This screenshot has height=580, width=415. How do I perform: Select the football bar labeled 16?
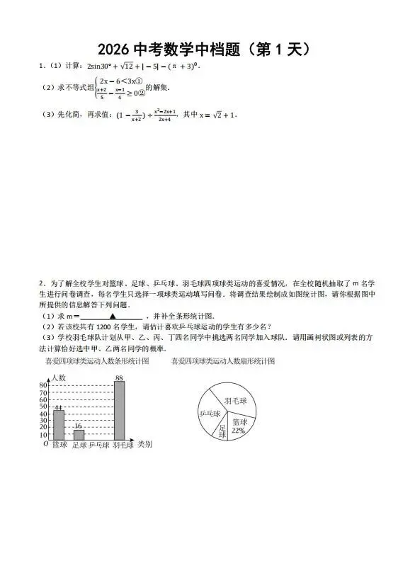tap(79, 435)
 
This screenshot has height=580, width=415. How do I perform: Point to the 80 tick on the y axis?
tap(43, 384)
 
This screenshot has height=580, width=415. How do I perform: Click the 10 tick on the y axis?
tap(43, 434)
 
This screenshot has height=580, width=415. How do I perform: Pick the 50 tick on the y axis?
tap(43, 406)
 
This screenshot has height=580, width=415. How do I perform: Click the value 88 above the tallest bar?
tap(119, 378)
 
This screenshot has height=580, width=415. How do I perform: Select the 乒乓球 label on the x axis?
tap(98, 445)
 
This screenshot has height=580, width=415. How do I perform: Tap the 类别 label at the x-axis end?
tap(144, 445)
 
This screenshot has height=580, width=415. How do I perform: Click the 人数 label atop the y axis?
tap(58, 377)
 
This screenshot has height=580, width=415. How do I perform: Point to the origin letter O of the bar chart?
tap(46, 444)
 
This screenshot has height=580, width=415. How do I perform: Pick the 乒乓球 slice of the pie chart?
tap(210, 414)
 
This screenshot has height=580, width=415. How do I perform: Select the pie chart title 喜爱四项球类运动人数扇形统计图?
tap(223, 361)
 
